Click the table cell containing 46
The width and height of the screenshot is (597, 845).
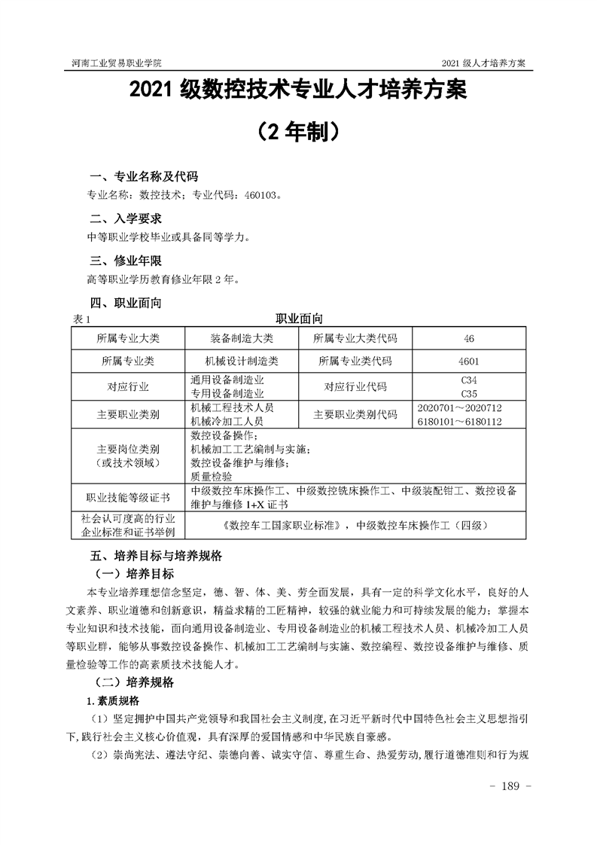469,338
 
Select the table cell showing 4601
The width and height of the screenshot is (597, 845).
469,361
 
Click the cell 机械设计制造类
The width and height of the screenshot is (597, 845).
242,361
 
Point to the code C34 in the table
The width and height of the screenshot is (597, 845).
469,380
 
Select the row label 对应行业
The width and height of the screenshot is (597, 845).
128,387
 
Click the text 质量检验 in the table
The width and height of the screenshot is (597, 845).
212,476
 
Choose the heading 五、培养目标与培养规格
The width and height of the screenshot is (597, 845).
156,557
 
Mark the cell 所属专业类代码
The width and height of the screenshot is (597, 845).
355,361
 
